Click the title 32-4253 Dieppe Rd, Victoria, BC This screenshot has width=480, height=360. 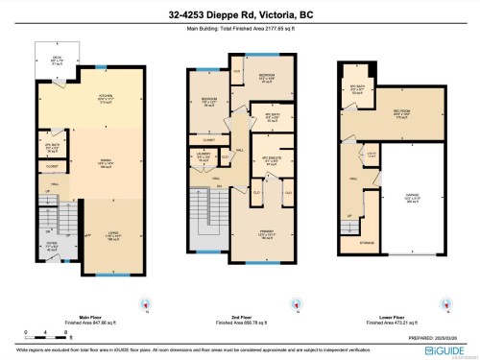point(240,14)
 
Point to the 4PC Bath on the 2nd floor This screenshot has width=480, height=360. point(271,118)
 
